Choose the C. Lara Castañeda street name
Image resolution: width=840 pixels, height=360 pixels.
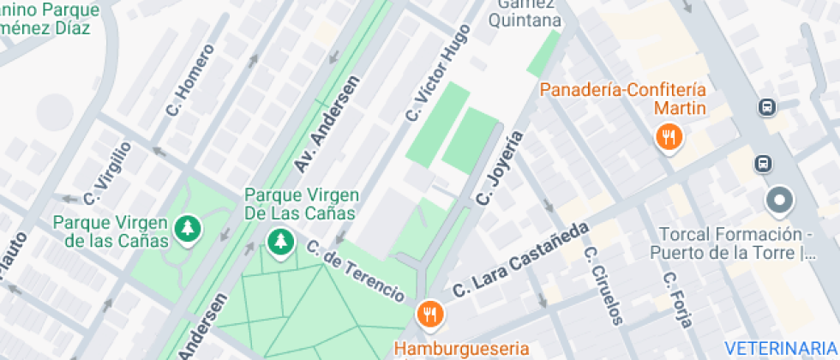coord(522,260)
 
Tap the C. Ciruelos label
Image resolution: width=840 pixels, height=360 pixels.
coord(602,285)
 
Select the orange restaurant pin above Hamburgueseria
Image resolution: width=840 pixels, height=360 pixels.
coord(429,314)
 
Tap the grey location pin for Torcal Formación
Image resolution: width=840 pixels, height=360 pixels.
coord(780,201)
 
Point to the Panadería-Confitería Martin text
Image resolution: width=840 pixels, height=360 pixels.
coord(635,99)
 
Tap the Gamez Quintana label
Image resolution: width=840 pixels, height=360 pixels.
coord(525,13)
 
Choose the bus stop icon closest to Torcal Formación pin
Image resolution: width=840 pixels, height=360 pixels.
coord(762,162)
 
